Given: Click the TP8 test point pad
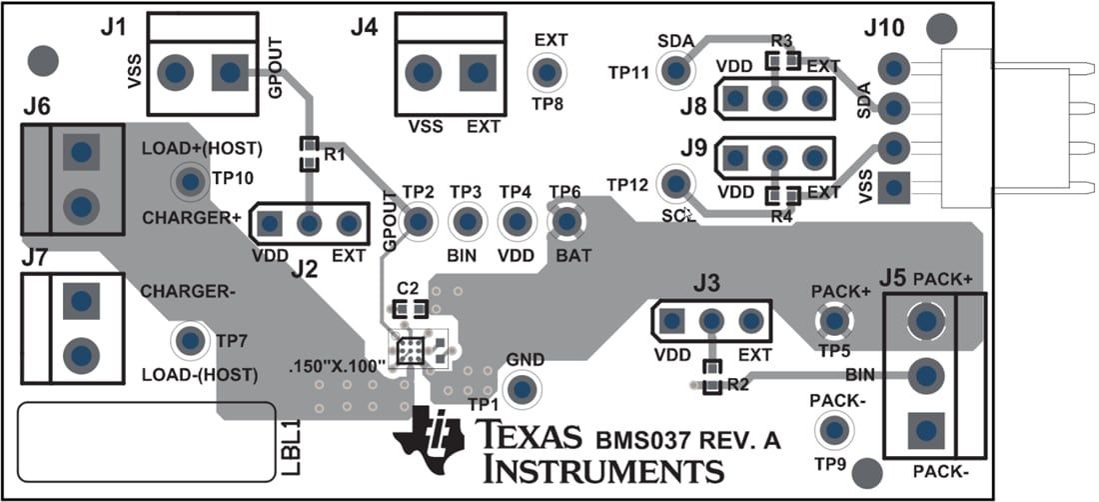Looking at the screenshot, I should tap(546, 72).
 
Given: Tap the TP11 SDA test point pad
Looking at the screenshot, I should tap(677, 71).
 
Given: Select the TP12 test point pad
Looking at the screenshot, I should tap(677, 183).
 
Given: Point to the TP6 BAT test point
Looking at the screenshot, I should tap(566, 220).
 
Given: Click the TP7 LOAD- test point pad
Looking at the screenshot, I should tap(187, 341).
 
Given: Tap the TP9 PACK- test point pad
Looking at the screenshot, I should tap(831, 430).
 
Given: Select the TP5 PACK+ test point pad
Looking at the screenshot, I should tap(832, 321).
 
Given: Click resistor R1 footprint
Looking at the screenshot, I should tap(310, 153).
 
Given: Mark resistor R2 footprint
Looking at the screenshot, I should tap(711, 377).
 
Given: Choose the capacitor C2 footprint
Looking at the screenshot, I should tap(409, 308).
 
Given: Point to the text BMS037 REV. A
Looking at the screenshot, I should tap(688, 439).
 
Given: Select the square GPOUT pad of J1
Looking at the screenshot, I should tap(230, 72).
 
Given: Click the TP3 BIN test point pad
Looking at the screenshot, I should tap(466, 220).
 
